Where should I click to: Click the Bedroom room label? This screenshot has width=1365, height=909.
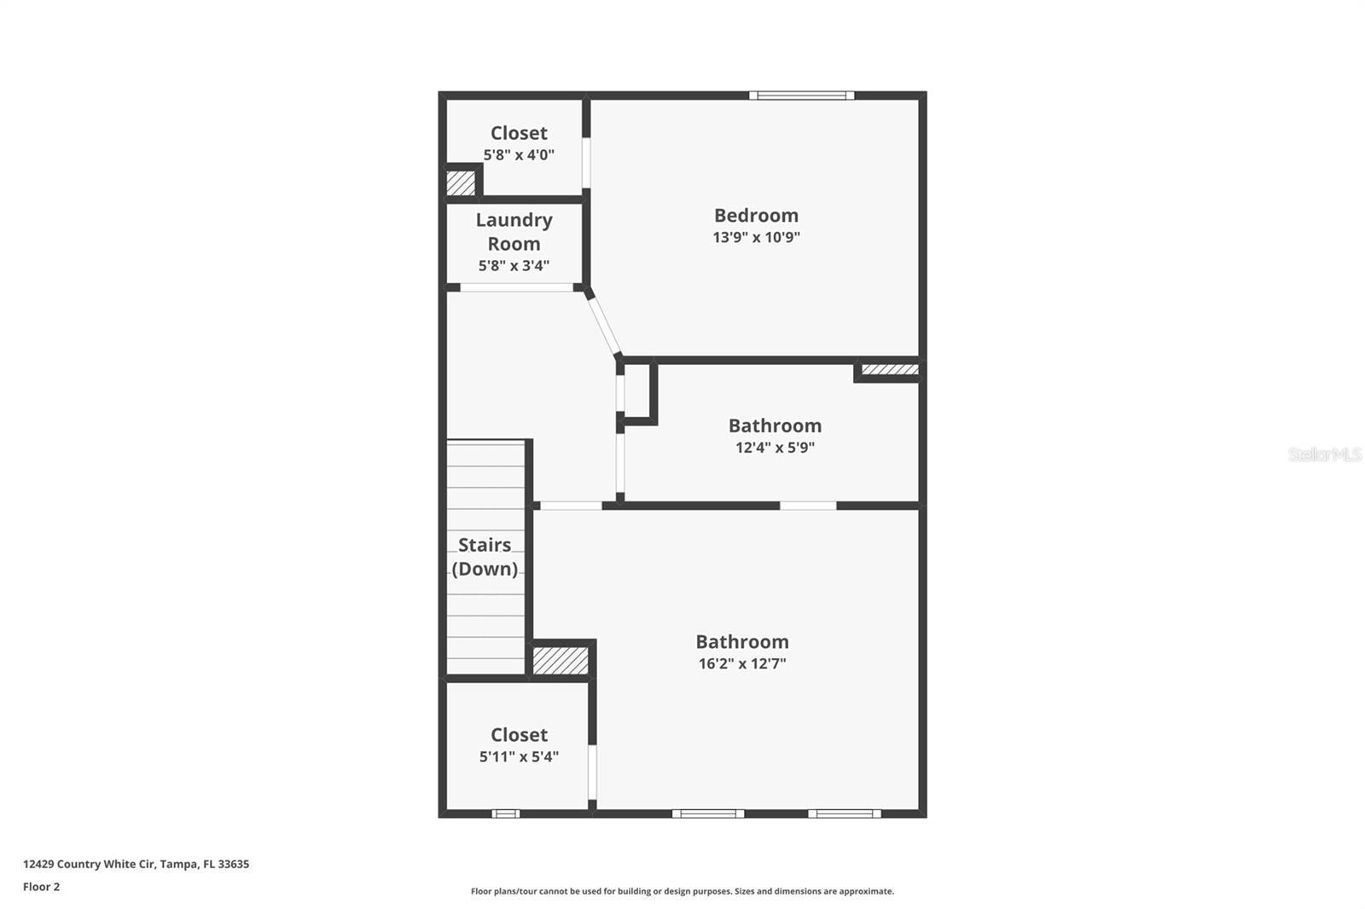point(756,216)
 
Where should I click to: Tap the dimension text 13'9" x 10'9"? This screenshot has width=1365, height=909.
point(756,237)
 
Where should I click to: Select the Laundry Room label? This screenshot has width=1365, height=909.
point(514,232)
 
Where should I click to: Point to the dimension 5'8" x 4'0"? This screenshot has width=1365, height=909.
point(519,155)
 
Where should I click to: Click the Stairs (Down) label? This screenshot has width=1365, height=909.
point(485,557)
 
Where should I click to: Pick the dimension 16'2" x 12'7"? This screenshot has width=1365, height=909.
point(742,663)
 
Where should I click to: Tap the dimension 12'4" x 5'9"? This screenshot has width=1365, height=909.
point(775,448)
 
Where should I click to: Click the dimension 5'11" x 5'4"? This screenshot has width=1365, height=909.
point(519,756)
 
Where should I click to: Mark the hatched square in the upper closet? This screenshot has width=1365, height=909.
point(461,182)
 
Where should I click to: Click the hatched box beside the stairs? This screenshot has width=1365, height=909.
point(561,661)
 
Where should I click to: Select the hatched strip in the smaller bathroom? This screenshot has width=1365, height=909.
point(889,370)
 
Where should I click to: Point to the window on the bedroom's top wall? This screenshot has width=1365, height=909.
point(802,96)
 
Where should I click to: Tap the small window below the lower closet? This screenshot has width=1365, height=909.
point(506,813)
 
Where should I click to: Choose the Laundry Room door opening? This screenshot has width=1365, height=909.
point(517,287)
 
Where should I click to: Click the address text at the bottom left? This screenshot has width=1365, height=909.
point(136,864)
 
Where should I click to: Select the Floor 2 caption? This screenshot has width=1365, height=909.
point(41,887)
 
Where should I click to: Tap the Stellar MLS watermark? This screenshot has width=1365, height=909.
point(1324,454)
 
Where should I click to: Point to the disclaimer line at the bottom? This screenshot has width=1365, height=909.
point(682,891)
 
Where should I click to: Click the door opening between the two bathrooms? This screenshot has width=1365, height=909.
point(808,506)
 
